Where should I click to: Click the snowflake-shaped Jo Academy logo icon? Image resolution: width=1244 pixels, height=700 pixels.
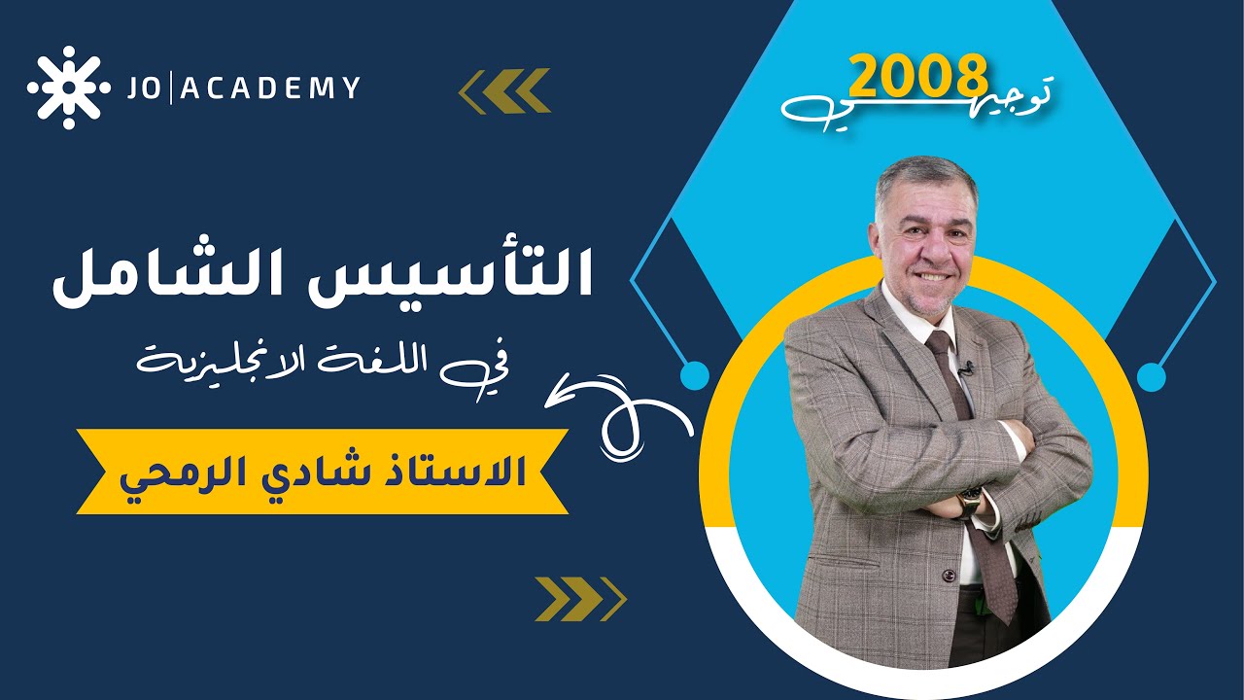[x=68, y=87]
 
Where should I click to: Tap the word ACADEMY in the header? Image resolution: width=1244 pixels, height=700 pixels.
[x=271, y=88]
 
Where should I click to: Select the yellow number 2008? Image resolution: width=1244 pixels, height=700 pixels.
[x=918, y=76]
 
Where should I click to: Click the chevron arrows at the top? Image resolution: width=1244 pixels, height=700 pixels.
[x=504, y=90]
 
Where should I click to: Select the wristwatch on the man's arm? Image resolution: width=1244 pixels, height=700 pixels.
[x=970, y=501]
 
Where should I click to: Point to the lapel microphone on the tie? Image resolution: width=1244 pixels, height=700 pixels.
[x=966, y=368]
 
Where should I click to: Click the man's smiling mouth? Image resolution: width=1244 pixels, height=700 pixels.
[x=931, y=275]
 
